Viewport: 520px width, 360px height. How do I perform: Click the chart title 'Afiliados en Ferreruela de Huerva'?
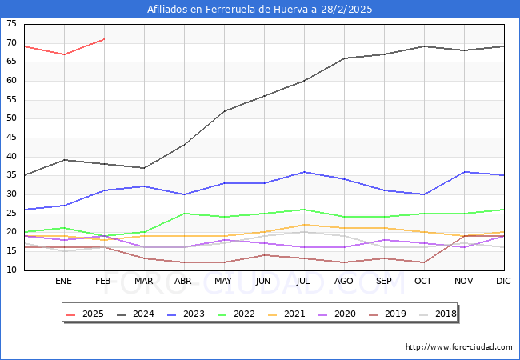point(260,10)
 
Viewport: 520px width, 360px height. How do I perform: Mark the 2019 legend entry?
point(394,314)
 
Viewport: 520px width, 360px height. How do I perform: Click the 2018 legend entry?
point(444,314)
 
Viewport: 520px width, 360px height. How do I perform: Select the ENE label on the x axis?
point(64,282)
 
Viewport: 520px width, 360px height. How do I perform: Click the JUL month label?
point(304,282)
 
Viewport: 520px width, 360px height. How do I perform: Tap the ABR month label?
point(184,282)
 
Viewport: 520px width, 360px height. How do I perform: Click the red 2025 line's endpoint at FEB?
point(104,38)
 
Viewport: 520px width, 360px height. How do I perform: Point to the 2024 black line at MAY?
point(224,111)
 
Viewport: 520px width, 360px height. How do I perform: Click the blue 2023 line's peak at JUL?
point(304,171)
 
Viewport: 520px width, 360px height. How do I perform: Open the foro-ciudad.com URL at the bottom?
point(459,347)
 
